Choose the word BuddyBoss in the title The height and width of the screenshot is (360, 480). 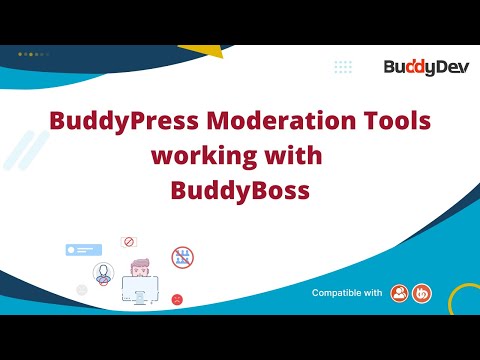click(239, 189)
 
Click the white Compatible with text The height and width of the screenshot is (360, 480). click(347, 293)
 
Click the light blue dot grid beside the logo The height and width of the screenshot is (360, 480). click(343, 67)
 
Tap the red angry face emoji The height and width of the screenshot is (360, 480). click(177, 298)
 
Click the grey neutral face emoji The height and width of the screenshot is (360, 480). click(82, 289)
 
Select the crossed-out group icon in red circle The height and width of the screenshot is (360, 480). click(182, 257)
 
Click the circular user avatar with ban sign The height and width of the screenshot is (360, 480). click(103, 273)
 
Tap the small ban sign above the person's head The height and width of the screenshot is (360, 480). click(128, 241)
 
